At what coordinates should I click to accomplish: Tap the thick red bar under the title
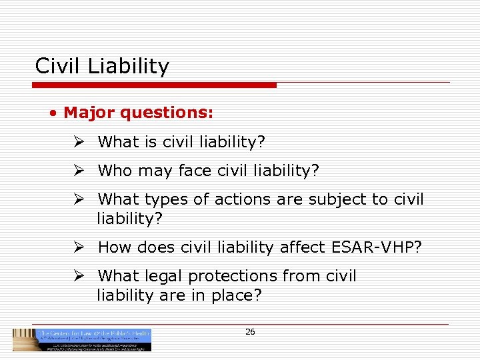(x=154, y=85)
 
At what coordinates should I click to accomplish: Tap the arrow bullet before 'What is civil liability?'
(x=79, y=141)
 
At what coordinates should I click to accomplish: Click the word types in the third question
(x=165, y=200)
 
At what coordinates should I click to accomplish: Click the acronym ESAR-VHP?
(x=376, y=247)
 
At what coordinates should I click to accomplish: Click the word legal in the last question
(x=160, y=276)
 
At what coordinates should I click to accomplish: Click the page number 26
(x=250, y=331)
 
